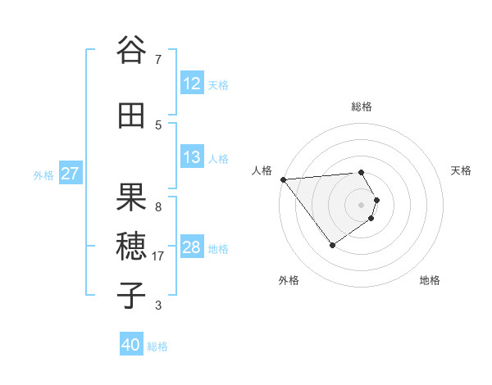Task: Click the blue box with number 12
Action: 191,84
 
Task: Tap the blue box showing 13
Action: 191,158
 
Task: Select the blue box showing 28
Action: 191,248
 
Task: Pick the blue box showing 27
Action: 70,174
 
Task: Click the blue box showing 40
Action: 131,345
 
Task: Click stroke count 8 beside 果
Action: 158,206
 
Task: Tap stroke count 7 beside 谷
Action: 158,59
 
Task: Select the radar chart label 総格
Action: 361,106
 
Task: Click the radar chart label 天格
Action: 462,170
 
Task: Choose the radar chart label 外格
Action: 289,280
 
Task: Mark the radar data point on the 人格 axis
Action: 283,179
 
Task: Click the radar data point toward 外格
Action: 332,245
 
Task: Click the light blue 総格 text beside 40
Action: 157,346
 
